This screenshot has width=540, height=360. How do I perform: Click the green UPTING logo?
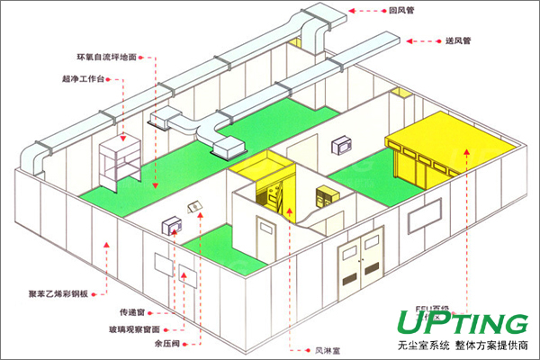(x=458, y=322)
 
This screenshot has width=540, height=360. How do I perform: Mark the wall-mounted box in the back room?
(x=343, y=143)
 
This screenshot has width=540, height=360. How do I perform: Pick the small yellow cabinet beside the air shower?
(x=324, y=193)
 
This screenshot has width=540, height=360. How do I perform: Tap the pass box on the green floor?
(x=170, y=226)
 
